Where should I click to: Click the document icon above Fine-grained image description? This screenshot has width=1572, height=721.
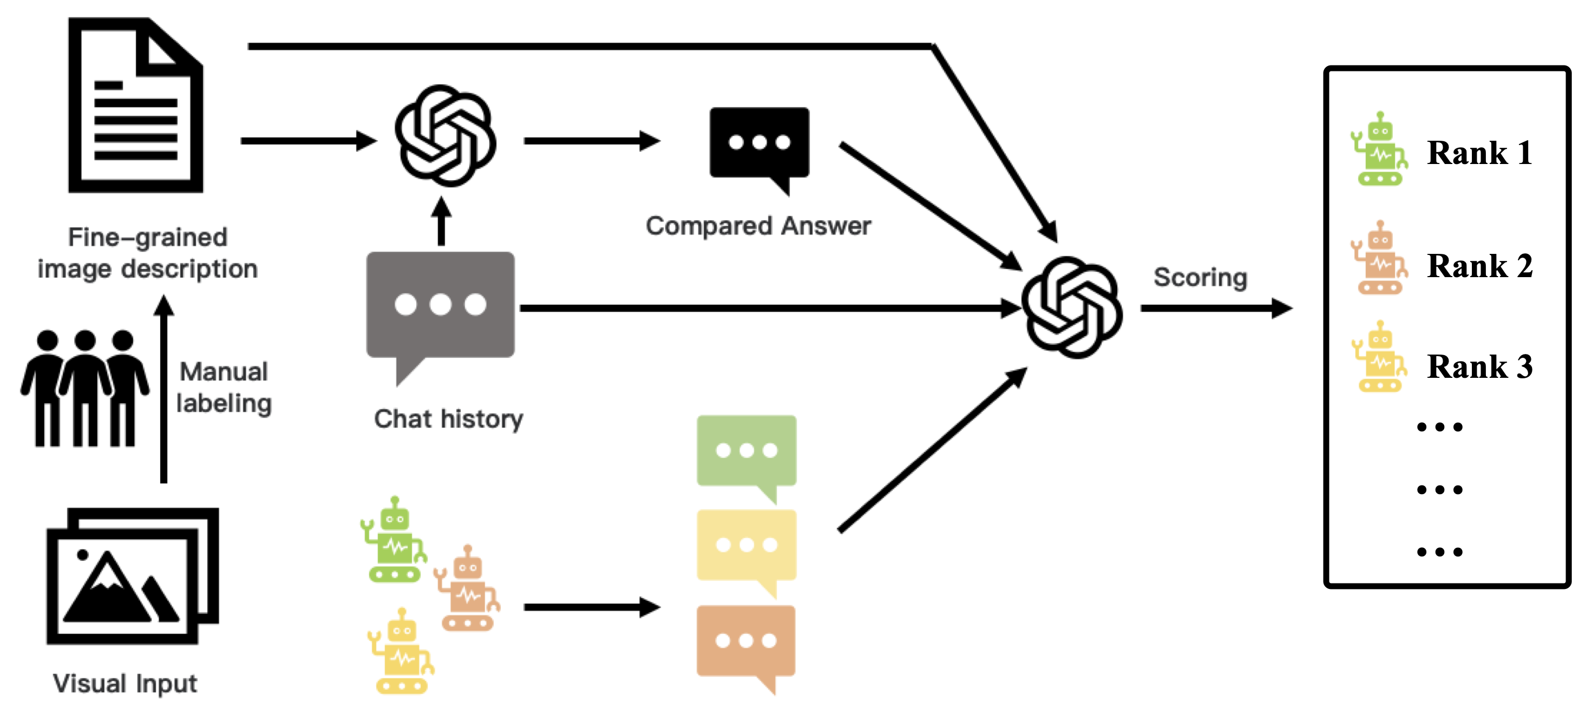(135, 105)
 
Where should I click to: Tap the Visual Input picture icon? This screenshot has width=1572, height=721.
(133, 576)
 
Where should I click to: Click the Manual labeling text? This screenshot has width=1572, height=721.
(224, 388)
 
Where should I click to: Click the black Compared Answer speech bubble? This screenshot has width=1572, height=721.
(759, 144)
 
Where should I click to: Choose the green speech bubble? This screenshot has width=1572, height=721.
(746, 452)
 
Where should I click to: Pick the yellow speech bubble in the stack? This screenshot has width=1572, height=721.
(746, 546)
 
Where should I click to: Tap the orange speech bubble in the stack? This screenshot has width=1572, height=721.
(746, 642)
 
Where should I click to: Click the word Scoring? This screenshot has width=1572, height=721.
(1200, 278)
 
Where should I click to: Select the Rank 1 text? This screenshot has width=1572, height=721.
(1479, 153)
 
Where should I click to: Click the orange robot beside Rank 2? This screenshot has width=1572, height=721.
(1379, 259)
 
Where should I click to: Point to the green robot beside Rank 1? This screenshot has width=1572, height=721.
(1379, 149)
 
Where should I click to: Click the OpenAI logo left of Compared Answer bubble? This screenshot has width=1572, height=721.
(446, 135)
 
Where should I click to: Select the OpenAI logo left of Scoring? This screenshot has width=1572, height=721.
(1072, 307)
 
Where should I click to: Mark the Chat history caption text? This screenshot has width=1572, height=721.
(449, 419)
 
